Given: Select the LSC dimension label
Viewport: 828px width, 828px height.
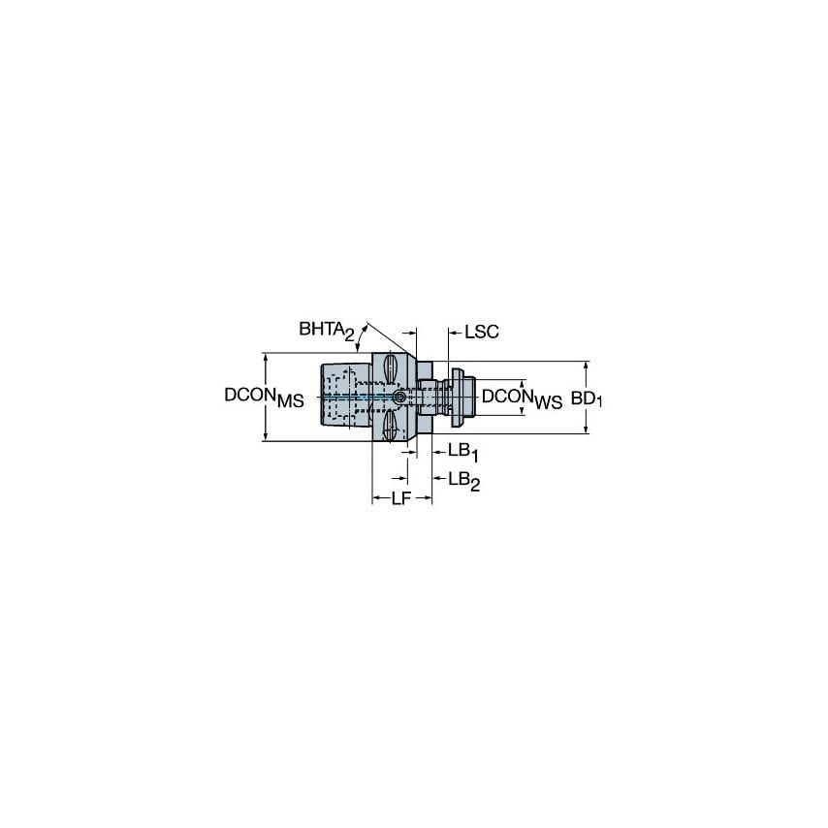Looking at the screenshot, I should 481,332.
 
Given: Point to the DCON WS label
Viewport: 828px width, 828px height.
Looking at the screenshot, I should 523,398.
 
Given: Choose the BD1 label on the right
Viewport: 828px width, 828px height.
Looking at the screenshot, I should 587,398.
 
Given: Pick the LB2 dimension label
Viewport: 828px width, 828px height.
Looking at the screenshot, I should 463,480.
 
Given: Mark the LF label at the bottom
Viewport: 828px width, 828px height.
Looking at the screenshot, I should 401,499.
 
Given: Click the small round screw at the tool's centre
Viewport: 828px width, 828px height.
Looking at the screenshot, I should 399,398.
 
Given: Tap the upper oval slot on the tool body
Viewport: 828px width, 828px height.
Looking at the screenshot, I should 390,369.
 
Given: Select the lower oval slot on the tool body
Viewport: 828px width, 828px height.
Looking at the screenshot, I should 390,427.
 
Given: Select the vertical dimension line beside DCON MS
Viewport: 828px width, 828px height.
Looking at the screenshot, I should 265,373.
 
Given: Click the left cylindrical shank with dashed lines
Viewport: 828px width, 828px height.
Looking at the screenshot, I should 344,398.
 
